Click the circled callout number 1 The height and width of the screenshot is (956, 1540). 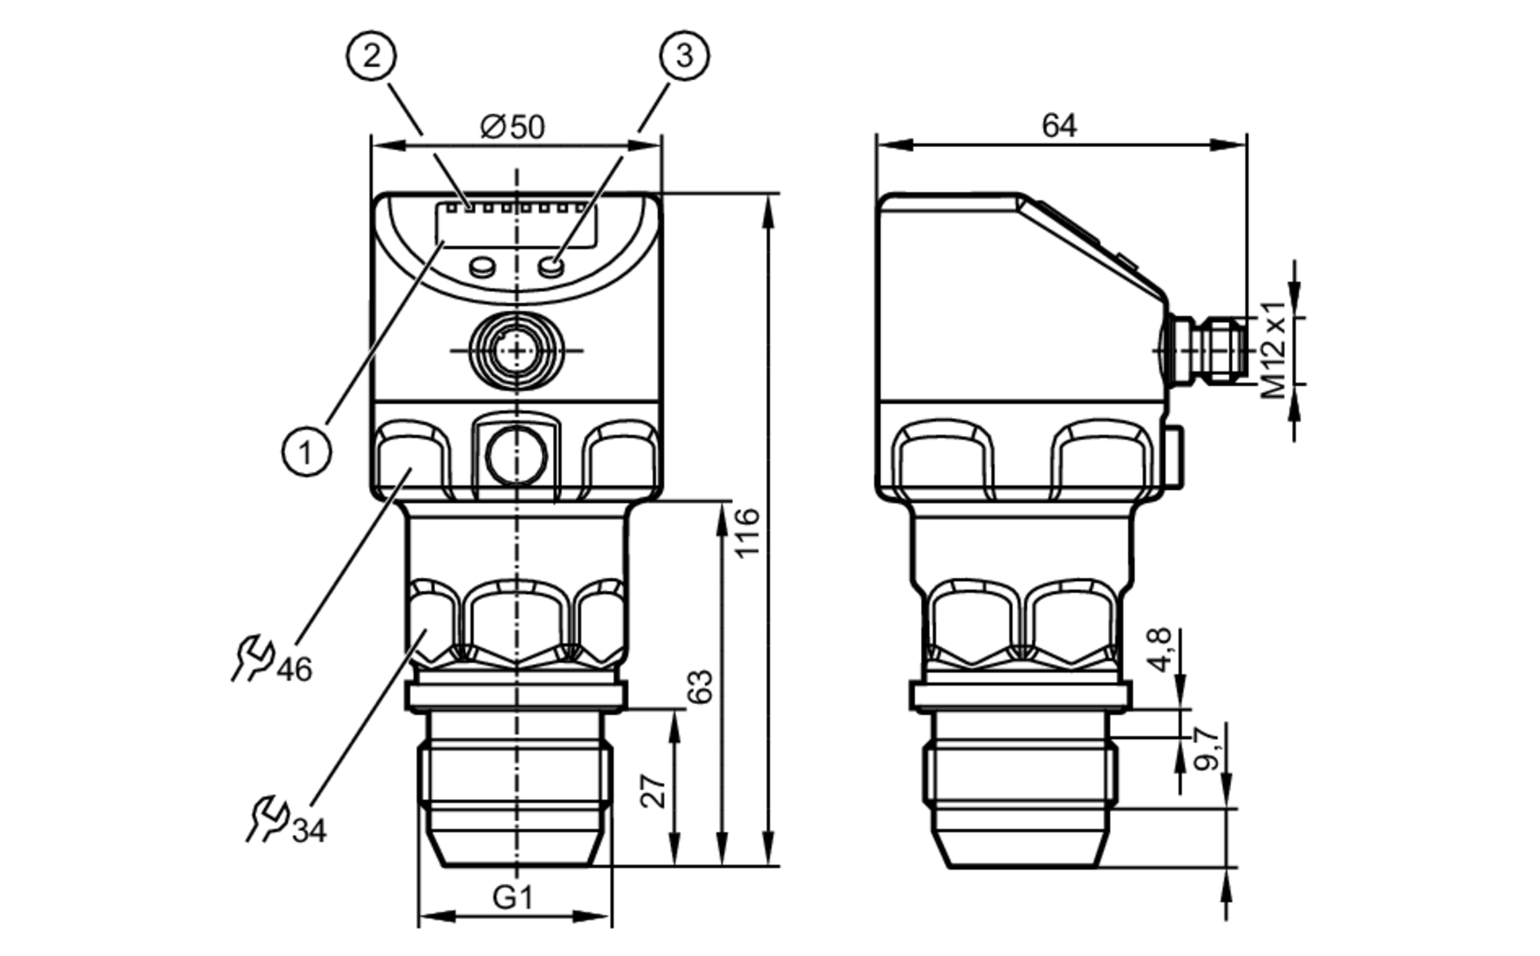pyautogui.click(x=306, y=451)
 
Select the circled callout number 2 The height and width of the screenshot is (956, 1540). pyautogui.click(x=371, y=55)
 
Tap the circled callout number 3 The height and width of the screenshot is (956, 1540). pyautogui.click(x=685, y=55)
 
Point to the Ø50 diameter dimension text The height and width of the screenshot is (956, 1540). pyautogui.click(x=512, y=127)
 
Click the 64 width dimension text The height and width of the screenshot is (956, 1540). pyautogui.click(x=1059, y=126)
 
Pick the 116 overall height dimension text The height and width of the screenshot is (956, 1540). pyautogui.click(x=747, y=532)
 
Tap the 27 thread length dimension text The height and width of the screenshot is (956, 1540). pyautogui.click(x=654, y=791)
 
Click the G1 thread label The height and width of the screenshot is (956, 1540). pyautogui.click(x=513, y=897)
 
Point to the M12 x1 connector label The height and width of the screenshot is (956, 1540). pyautogui.click(x=1274, y=349)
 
